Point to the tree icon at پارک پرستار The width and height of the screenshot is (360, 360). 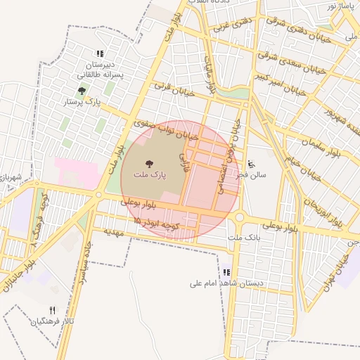[82, 91]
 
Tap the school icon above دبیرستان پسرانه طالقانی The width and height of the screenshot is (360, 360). [100, 53]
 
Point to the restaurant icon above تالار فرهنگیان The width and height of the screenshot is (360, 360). [52, 310]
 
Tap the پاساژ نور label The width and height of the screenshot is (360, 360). [342, 6]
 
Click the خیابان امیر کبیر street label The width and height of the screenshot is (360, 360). [280, 83]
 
